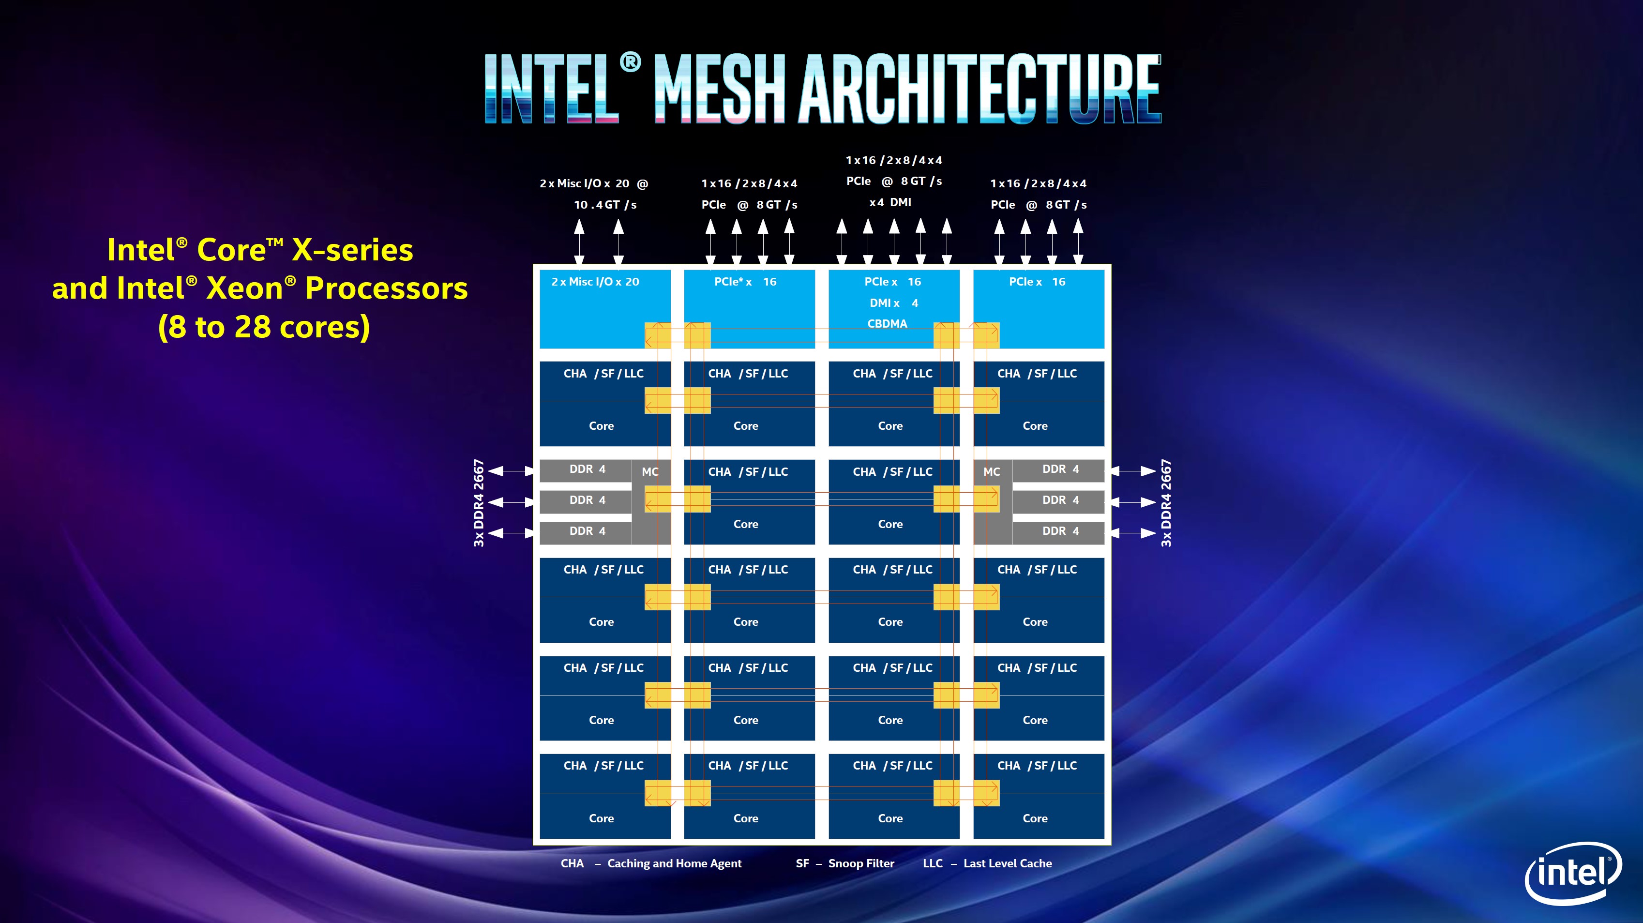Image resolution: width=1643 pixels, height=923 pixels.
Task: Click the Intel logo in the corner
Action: coord(1573,873)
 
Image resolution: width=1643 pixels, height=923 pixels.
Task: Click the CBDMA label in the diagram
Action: coord(887,324)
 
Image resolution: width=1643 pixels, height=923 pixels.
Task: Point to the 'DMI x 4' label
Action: coord(893,303)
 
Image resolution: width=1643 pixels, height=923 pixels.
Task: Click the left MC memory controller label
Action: coord(650,472)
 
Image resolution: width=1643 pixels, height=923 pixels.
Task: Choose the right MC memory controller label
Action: coord(991,472)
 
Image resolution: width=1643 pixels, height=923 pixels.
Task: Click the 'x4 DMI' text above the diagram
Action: coord(890,202)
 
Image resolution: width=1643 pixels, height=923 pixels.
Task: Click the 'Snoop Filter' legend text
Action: coord(861,863)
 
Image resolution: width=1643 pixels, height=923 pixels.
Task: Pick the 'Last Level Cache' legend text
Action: coord(1007,863)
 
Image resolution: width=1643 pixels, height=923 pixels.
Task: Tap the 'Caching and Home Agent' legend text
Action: coord(674,863)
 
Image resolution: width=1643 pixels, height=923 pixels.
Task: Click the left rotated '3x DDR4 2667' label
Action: coord(479,503)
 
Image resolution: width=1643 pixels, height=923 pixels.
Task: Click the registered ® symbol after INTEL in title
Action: coord(630,62)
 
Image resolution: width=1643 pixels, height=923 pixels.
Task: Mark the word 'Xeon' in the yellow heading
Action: coord(245,288)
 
